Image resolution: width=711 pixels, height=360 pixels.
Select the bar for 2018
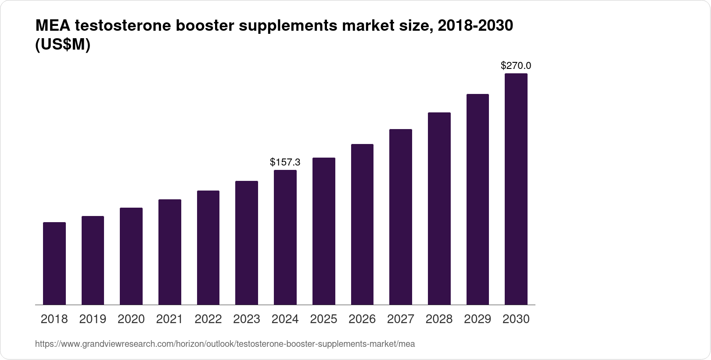[54, 263]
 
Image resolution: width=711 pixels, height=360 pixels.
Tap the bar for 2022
[208, 248]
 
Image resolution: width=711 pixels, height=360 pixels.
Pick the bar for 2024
[285, 237]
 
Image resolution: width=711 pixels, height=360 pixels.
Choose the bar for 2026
[362, 224]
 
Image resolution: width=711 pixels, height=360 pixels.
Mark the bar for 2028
[439, 209]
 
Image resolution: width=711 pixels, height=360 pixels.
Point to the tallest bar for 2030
[516, 189]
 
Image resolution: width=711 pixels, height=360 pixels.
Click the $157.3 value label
[285, 162]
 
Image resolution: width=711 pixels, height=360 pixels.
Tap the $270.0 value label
[516, 66]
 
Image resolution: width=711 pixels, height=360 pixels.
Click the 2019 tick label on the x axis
[93, 319]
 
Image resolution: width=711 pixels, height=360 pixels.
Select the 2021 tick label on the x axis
[169, 319]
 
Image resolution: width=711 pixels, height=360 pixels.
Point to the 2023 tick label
[247, 319]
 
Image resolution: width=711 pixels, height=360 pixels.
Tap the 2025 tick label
[323, 319]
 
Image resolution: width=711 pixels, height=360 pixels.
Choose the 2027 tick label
[401, 319]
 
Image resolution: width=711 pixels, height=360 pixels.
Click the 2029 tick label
[478, 319]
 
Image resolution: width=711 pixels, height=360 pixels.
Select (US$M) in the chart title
[62, 45]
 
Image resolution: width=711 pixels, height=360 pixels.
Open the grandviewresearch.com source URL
[225, 344]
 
